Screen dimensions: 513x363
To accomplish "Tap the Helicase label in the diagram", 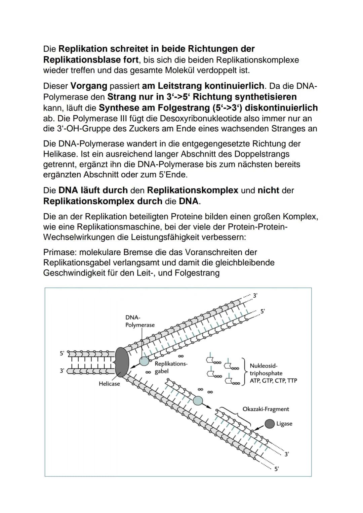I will tap(109, 384).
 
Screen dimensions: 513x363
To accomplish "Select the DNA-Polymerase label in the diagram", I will tap(140, 321).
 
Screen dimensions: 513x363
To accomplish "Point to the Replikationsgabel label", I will tap(171, 368).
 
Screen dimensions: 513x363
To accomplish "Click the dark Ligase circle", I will tap(270, 424).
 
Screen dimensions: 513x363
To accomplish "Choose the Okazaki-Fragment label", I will tap(266, 409).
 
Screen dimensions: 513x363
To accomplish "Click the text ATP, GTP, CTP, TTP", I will tap(273, 381).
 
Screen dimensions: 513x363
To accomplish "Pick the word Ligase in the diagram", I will tap(284, 424).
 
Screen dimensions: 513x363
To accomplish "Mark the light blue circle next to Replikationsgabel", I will tap(144, 361).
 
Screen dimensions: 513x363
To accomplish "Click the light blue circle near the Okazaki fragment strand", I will tap(198, 400).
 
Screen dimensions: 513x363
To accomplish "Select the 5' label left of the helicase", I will tap(62, 353).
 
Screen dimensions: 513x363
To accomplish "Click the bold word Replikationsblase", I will tap(91, 60).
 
